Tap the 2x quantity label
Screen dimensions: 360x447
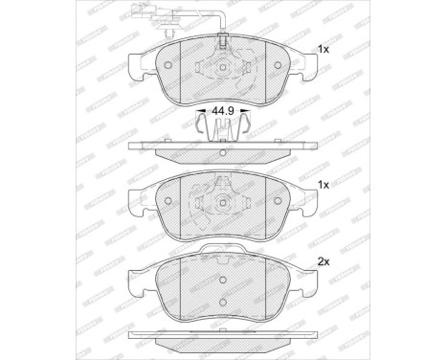point(323,260)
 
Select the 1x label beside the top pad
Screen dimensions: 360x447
point(323,49)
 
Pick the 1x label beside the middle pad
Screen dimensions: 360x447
point(323,184)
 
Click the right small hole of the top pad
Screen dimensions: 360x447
point(276,66)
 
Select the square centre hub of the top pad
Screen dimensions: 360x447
point(221,66)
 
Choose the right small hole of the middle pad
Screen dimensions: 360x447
point(276,202)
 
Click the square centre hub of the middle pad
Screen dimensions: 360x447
point(221,202)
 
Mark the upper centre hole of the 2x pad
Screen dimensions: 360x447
point(221,281)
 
